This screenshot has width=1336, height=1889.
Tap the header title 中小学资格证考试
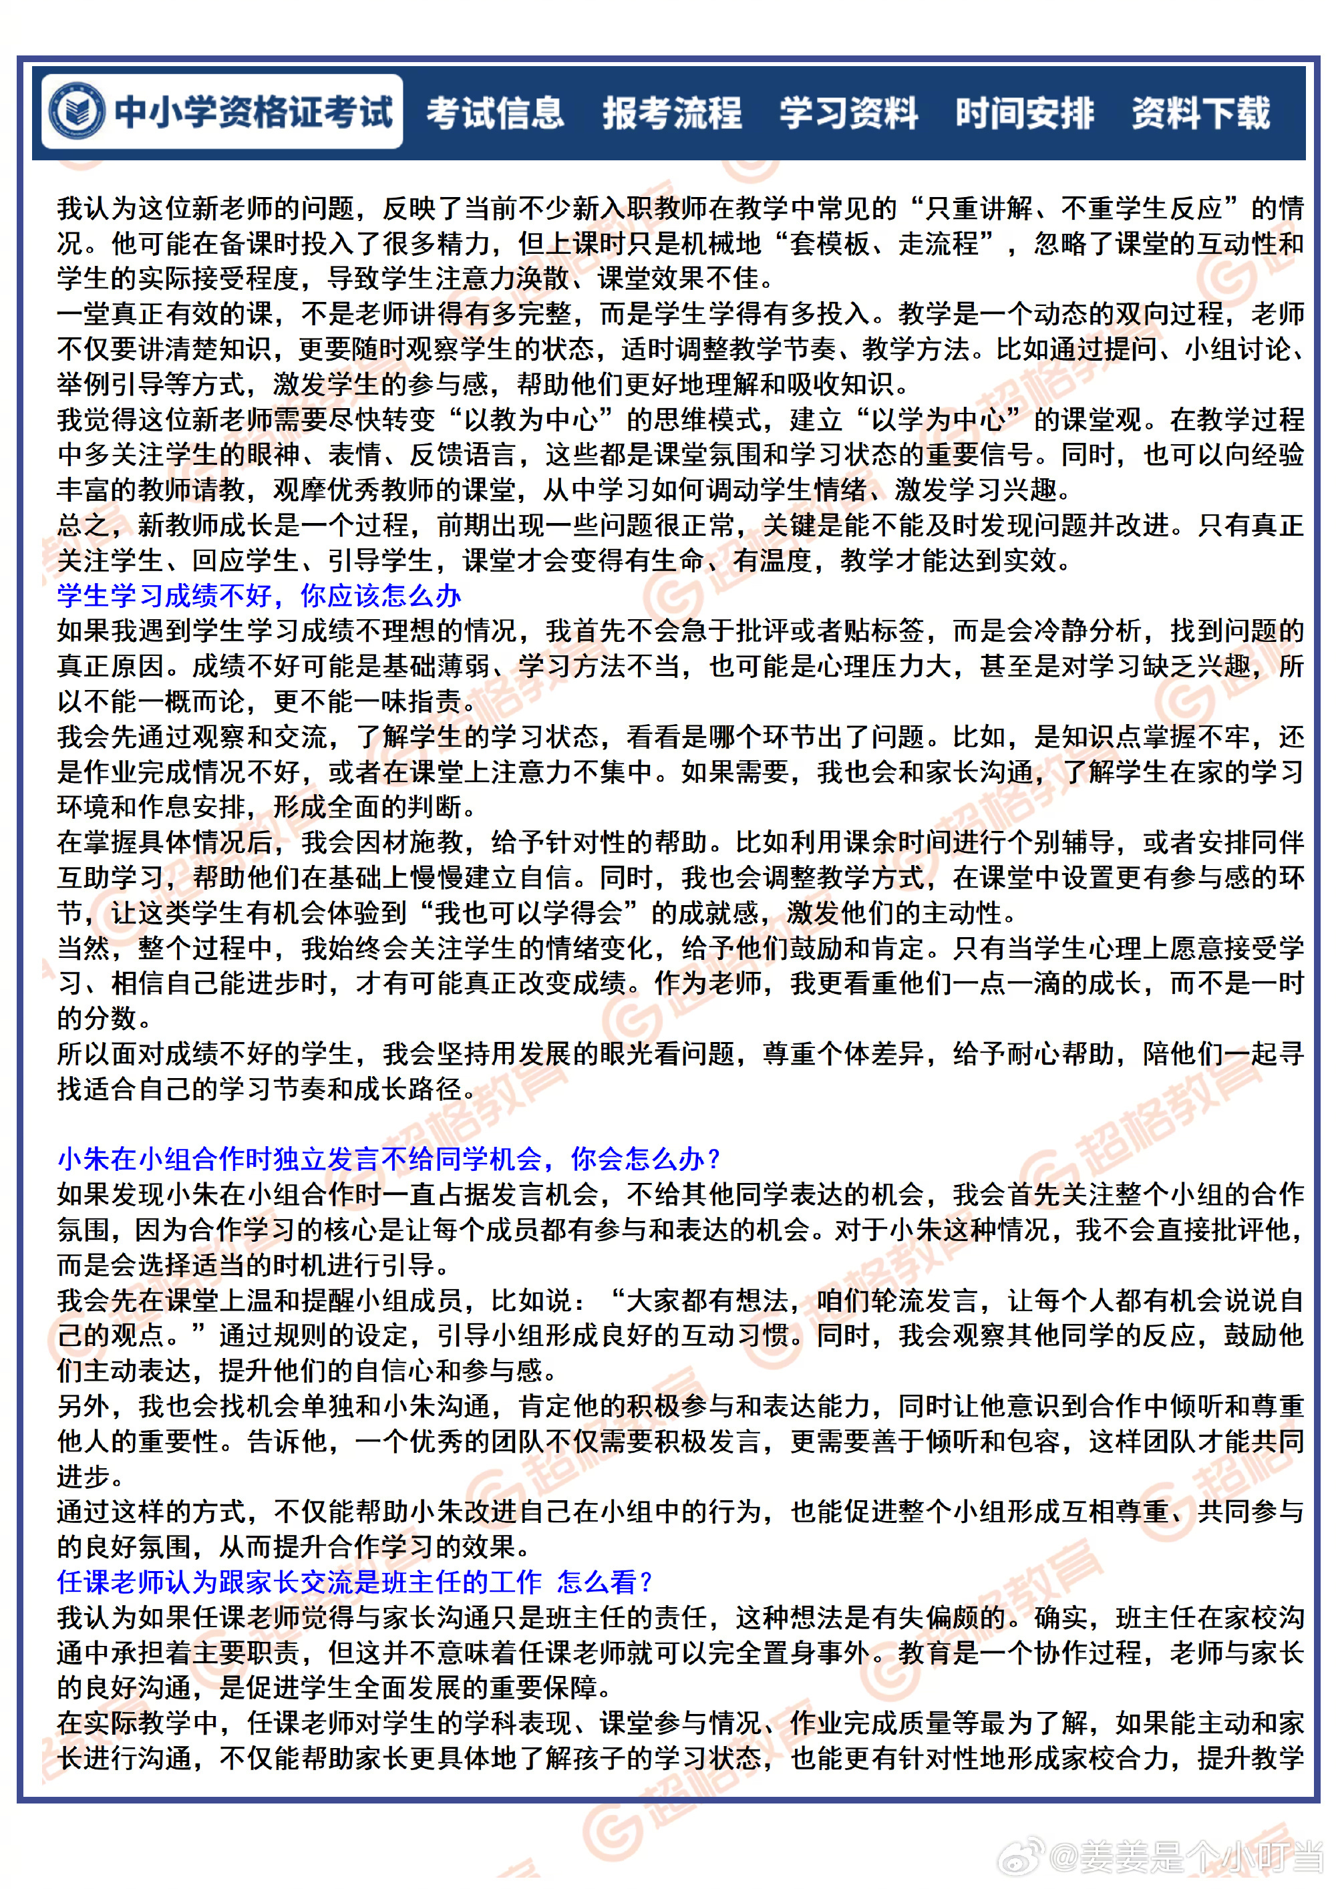tap(253, 113)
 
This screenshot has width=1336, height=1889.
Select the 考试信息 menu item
tap(495, 113)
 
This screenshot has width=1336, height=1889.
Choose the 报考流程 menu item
tap(672, 113)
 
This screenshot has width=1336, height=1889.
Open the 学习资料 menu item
tap(848, 113)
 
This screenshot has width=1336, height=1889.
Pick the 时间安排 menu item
tap(1024, 113)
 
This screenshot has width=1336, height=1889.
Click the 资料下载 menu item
tap(1200, 113)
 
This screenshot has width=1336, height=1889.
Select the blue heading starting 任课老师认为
tap(354, 1582)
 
